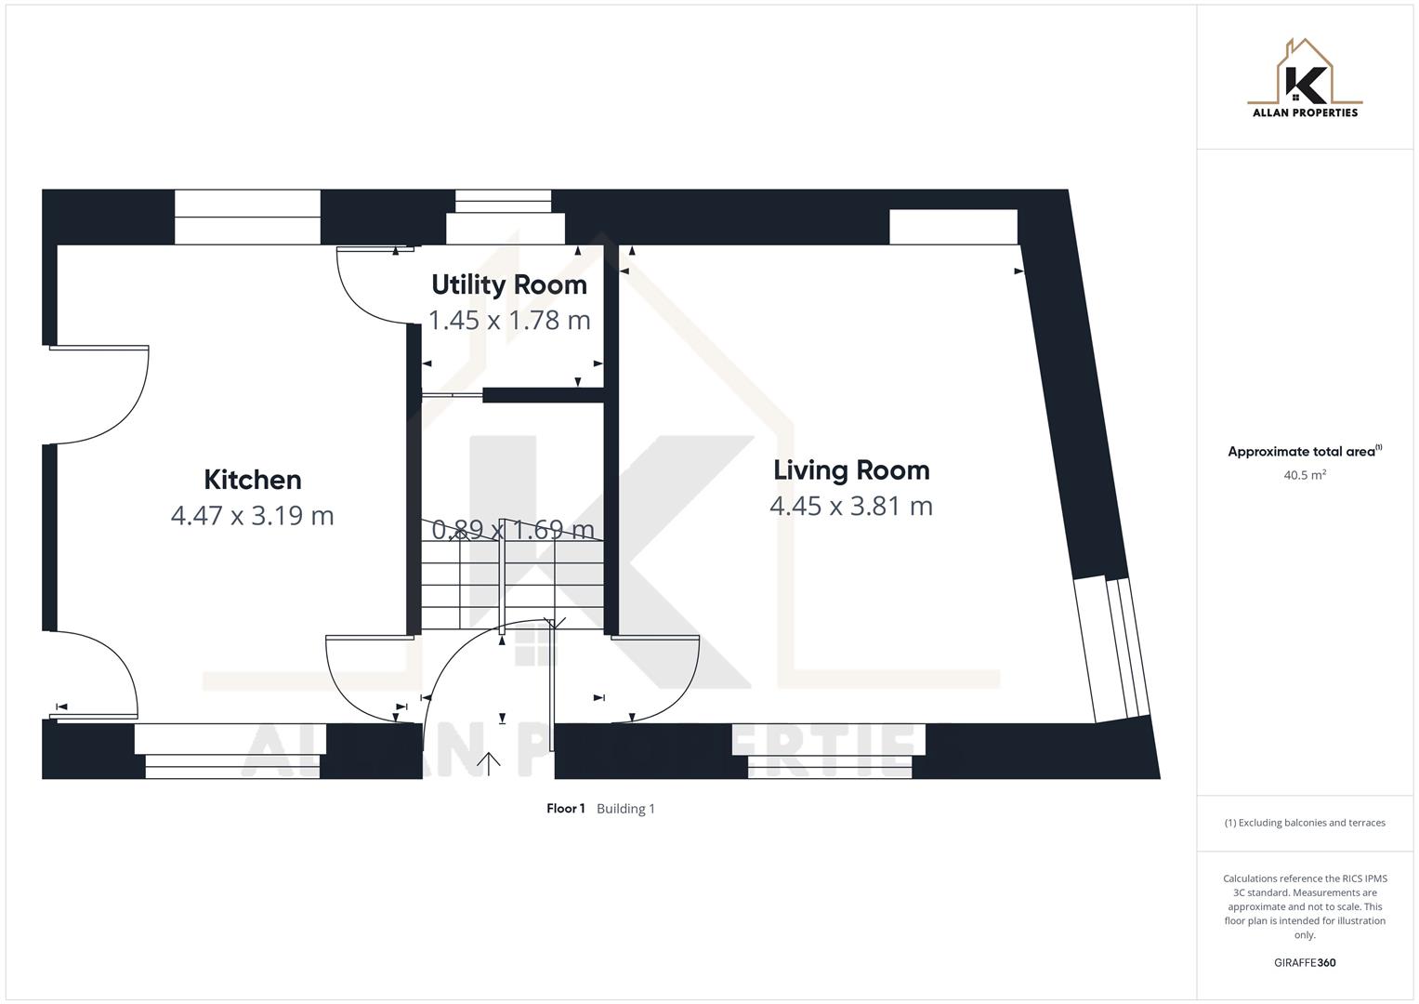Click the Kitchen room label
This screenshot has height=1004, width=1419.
[x=253, y=480]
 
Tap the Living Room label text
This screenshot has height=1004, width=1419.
[x=851, y=470]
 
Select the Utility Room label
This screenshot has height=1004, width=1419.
[x=509, y=284]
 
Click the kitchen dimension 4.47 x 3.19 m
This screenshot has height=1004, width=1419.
[x=253, y=515]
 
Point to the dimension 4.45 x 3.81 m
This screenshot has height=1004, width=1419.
[x=851, y=506]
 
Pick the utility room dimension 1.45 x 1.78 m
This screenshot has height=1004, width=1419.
[x=509, y=320]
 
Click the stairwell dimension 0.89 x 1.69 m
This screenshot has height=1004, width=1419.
[x=513, y=530]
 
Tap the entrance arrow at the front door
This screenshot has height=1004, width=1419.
[x=489, y=763]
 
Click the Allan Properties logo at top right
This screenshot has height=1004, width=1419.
[x=1305, y=79]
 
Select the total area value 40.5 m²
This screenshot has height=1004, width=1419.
[x=1305, y=475]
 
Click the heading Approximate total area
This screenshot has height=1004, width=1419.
[x=1303, y=452]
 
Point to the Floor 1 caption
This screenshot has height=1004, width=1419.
[x=565, y=809]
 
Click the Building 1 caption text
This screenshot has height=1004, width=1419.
[x=625, y=809]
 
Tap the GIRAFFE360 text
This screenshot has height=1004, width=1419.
[x=1305, y=963]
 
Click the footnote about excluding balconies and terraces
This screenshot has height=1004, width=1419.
[x=1305, y=823]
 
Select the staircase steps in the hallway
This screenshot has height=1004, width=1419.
[x=511, y=586]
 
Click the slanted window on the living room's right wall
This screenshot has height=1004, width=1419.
[x=1112, y=648]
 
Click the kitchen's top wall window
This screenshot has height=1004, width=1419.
[x=247, y=218]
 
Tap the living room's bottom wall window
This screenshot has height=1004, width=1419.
[x=830, y=751]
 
